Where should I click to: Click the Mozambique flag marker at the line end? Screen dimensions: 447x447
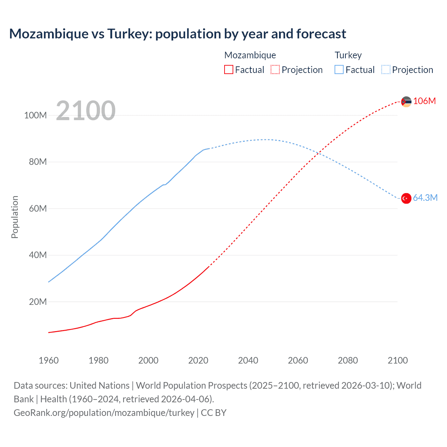[x=406, y=102]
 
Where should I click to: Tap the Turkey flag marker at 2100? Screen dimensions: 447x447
[x=406, y=198]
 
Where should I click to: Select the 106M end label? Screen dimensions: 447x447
[x=424, y=101]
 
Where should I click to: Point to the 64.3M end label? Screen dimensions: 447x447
[x=425, y=198]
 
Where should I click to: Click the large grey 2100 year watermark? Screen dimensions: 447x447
[x=86, y=110]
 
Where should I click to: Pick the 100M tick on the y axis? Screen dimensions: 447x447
[x=35, y=115]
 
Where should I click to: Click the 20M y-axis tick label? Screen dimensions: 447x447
[x=38, y=302]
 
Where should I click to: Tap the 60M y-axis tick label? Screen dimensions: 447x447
[x=38, y=208]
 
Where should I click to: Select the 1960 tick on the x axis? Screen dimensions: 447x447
[x=49, y=360]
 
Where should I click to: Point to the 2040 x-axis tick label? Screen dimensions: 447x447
[x=248, y=360]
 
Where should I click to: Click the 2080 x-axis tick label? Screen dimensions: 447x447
[x=348, y=360]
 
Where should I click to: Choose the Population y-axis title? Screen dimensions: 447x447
[x=15, y=217]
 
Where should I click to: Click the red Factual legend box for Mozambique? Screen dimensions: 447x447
[x=229, y=69]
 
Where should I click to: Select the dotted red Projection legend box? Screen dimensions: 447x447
[x=275, y=69]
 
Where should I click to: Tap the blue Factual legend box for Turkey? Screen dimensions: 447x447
[x=339, y=69]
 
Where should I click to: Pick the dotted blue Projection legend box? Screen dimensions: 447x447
[x=386, y=69]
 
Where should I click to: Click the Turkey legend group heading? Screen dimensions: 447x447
[x=348, y=55]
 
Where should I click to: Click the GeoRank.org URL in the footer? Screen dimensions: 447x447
[x=104, y=413]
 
